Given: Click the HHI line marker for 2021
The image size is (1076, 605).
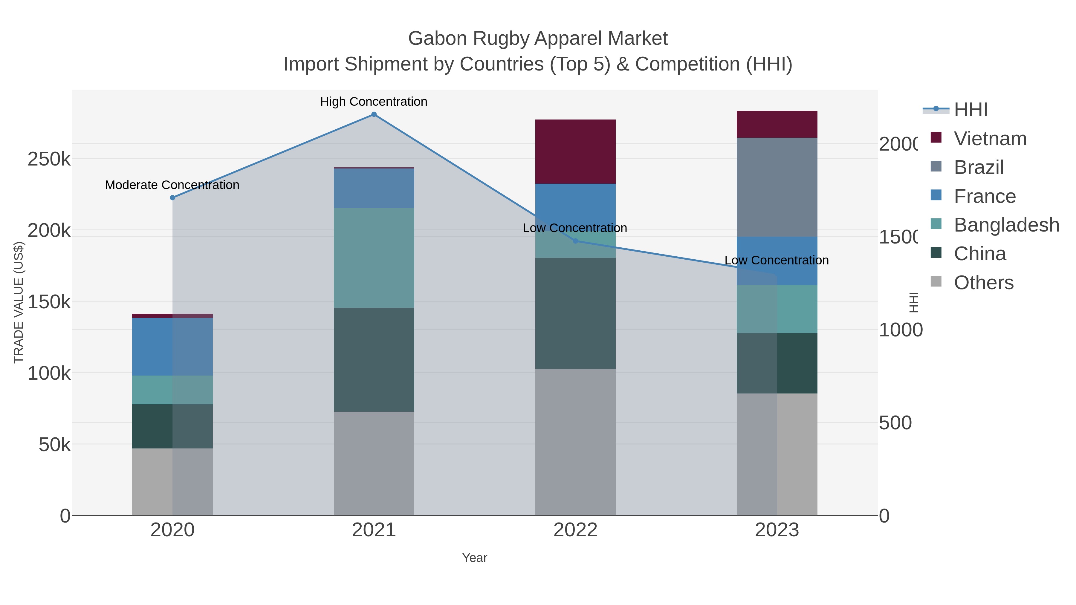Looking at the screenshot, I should point(374,114).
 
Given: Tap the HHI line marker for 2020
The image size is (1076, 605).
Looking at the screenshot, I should point(172,197).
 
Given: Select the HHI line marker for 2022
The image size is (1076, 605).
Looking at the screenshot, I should point(575,241).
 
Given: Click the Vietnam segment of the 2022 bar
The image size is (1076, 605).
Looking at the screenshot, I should point(575,151).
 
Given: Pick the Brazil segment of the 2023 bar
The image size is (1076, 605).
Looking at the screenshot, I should point(777,187).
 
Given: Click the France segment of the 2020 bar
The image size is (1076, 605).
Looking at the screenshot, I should point(172,347).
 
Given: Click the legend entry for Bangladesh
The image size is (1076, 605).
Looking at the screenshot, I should point(1006,225).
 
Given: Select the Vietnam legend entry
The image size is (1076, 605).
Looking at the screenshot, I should point(990,139).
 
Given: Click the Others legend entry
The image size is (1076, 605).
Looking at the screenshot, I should point(983,283).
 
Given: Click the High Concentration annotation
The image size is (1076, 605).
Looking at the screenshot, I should point(373,102).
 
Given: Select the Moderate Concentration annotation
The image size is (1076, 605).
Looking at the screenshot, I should point(172,185).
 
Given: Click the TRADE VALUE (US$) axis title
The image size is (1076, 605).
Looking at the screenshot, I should point(19,302).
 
